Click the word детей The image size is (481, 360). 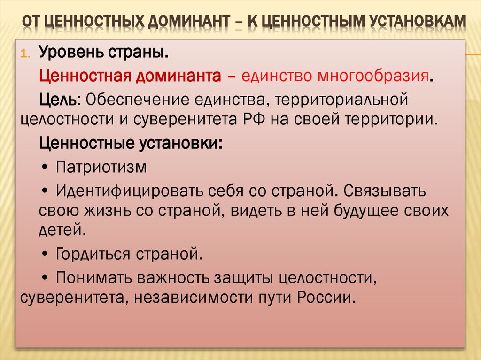pos(62,230)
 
